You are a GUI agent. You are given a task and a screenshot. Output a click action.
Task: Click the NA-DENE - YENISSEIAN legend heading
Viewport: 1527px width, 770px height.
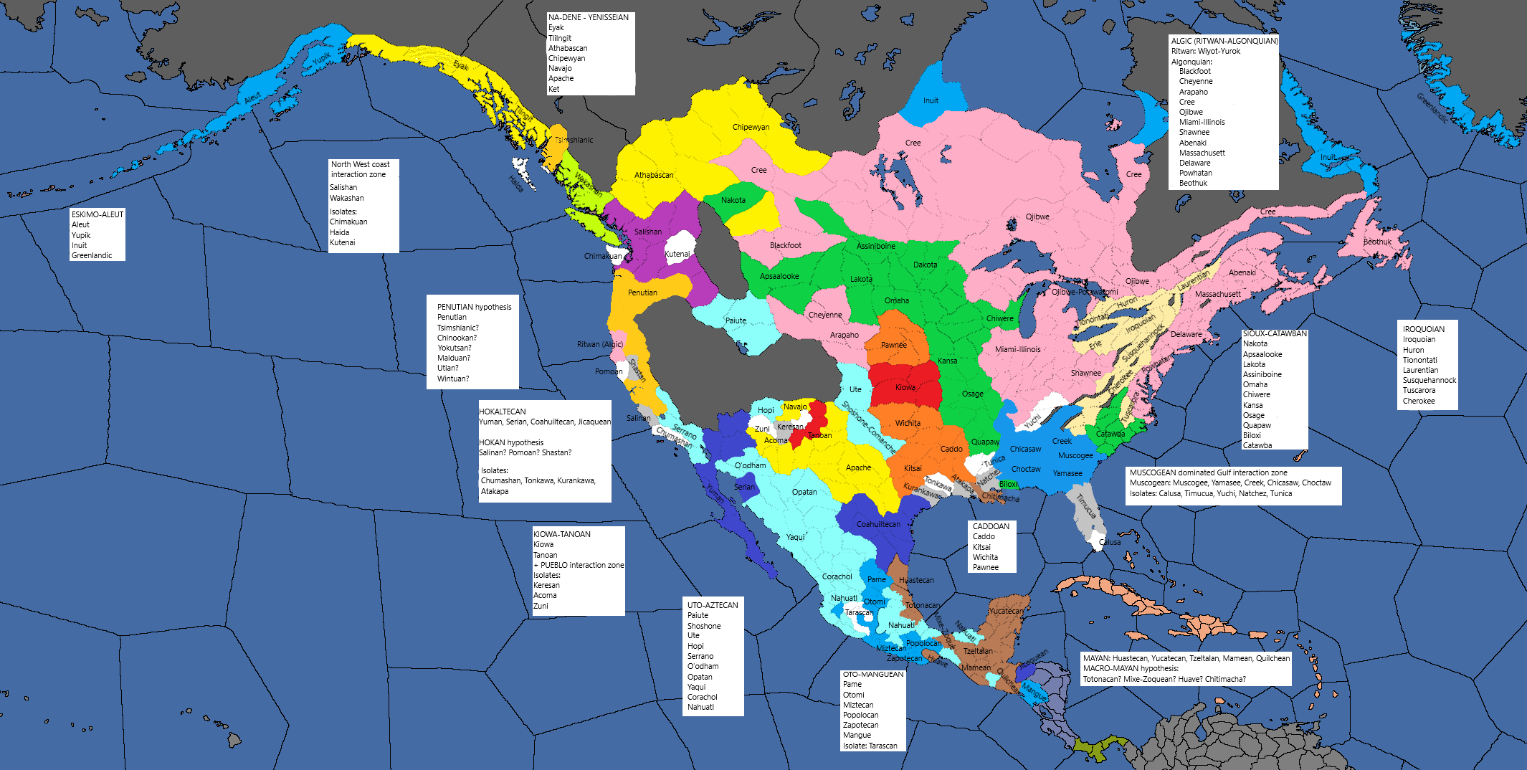[x=589, y=17]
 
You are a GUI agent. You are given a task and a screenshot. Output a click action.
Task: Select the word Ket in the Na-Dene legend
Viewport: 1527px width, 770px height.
[x=553, y=89]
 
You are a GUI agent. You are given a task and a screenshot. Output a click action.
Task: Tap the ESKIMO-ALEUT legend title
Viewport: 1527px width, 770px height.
[x=97, y=214]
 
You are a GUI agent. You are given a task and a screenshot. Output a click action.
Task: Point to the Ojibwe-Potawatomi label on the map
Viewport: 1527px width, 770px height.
[x=1084, y=292]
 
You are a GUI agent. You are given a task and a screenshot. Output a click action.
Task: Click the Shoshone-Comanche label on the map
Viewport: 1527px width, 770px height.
[x=868, y=427]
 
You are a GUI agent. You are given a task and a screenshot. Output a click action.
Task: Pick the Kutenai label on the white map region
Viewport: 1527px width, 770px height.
[x=677, y=254]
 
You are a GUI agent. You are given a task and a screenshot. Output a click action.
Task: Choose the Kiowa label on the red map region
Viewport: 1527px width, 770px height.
[x=905, y=387]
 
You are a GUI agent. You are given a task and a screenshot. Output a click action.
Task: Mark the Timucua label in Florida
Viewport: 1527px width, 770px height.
[x=1085, y=505]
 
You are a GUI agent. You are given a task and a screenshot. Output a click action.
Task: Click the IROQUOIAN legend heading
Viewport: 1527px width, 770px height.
[x=1423, y=329]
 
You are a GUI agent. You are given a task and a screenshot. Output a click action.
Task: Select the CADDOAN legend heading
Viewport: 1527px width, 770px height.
[x=991, y=526]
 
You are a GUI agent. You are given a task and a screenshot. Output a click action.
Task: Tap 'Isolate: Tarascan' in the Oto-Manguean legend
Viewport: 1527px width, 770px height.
[x=870, y=746]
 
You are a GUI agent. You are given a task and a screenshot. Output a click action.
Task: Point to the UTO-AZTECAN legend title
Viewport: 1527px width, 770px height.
[x=713, y=605]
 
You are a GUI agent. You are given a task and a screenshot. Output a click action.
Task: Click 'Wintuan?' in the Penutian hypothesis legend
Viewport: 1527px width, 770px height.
[x=453, y=379]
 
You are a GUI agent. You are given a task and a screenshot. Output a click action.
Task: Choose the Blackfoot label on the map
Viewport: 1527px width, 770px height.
[x=785, y=245]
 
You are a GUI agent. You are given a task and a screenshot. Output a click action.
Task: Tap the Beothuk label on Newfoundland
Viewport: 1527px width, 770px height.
[x=1377, y=242]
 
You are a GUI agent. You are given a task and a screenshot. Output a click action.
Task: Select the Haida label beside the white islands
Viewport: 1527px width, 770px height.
[x=516, y=184]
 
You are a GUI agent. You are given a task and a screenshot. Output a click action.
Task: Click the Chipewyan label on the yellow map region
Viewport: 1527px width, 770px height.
[x=751, y=127]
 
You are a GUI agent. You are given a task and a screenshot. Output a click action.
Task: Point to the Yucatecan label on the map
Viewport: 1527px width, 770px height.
[x=1007, y=611]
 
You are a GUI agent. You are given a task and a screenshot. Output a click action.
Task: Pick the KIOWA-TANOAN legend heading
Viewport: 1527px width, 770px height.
[x=562, y=534]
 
